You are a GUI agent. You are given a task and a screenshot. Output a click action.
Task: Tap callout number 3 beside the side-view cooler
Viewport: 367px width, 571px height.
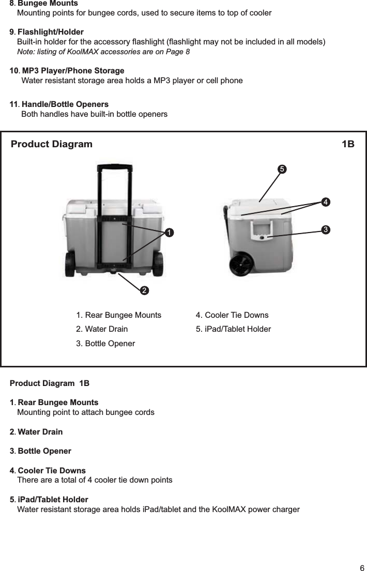tap(326, 228)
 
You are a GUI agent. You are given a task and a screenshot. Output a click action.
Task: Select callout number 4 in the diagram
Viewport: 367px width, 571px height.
tap(326, 202)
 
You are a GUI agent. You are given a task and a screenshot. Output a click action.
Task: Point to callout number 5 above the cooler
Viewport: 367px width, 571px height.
tap(281, 169)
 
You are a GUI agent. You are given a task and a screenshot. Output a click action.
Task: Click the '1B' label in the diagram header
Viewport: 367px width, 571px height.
tap(348, 144)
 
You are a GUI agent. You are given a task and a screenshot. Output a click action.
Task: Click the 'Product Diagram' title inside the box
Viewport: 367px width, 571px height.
tap(52, 144)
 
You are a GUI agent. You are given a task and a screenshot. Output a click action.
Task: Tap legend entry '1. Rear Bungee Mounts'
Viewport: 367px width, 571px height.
tap(118, 315)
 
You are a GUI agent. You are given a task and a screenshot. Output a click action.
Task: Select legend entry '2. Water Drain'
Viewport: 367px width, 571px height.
tap(102, 329)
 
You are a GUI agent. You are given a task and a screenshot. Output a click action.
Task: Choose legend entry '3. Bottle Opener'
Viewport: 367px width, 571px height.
tap(105, 344)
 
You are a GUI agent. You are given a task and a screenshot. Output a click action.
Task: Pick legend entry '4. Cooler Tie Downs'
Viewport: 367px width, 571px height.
tap(232, 315)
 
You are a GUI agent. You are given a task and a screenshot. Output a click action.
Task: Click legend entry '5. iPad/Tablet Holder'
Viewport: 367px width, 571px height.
tap(233, 329)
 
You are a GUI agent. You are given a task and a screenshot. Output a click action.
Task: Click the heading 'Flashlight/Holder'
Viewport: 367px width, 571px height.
tap(50, 33)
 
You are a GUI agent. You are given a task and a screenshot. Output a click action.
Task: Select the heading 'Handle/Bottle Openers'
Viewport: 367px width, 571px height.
tap(65, 104)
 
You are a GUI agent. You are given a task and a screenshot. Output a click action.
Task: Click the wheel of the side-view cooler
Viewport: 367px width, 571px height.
tap(242, 265)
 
